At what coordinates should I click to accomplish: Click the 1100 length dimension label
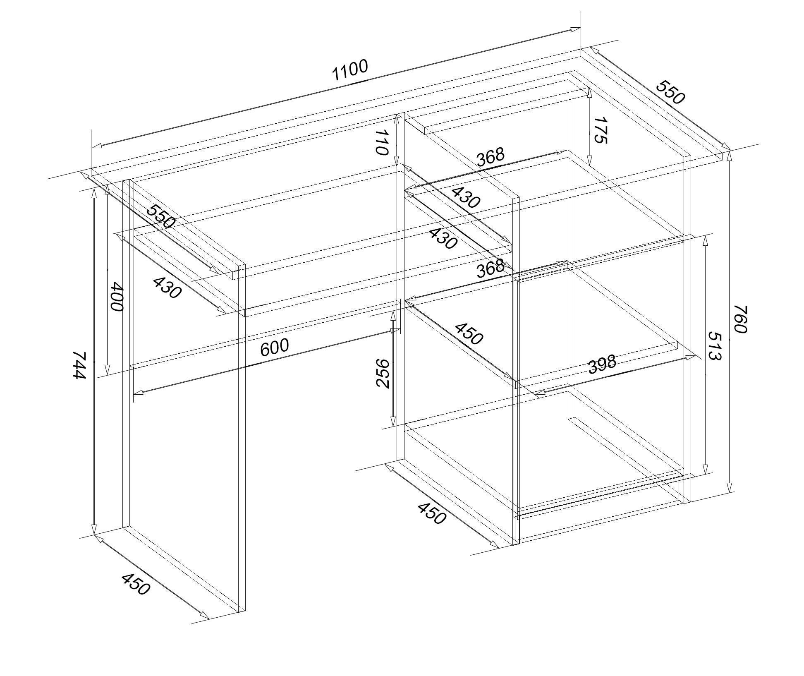(349, 70)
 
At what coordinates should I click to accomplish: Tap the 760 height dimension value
(740, 319)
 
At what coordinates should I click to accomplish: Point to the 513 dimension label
(714, 345)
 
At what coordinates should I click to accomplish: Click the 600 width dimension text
(274, 347)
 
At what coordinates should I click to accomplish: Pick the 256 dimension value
(383, 373)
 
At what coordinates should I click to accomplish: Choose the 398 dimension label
(602, 364)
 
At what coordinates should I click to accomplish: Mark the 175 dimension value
(600, 130)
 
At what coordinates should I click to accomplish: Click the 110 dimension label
(382, 142)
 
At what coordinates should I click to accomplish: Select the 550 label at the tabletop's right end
(670, 92)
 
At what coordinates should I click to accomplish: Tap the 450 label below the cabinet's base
(432, 513)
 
